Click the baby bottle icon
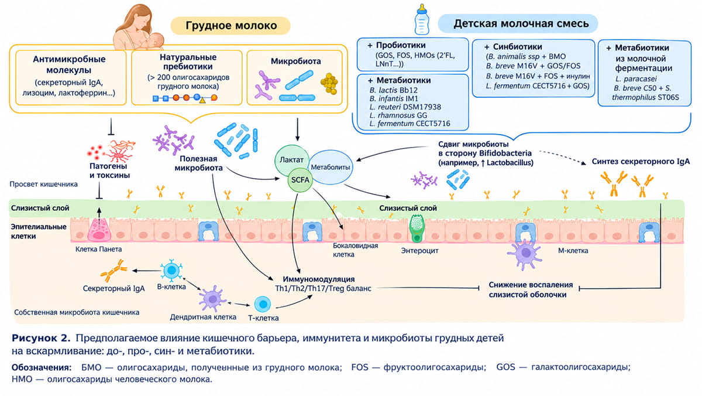pyautogui.click(x=422, y=19)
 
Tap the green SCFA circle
pyautogui.click(x=300, y=180)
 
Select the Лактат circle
pyautogui.click(x=291, y=160)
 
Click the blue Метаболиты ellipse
pyautogui.click(x=331, y=167)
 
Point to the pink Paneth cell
pyautogui.click(x=99, y=230)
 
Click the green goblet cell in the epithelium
pyautogui.click(x=417, y=228)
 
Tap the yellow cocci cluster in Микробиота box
pyautogui.click(x=329, y=83)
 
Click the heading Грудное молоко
pyautogui.click(x=231, y=25)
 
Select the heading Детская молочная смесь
pyautogui.click(x=521, y=23)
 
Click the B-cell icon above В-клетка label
pyautogui.click(x=171, y=270)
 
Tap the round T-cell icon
pyautogui.click(x=263, y=304)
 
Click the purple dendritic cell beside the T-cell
pyautogui.click(x=212, y=298)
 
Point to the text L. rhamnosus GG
pyautogui.click(x=398, y=115)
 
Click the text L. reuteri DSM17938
pyautogui.click(x=405, y=107)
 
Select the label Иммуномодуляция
pyautogui.click(x=319, y=279)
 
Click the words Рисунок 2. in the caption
pyautogui.click(x=41, y=338)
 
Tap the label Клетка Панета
pyautogui.click(x=98, y=249)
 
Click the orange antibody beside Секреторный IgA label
pyautogui.click(x=113, y=271)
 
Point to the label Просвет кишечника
pyautogui.click(x=43, y=184)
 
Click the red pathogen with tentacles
pyautogui.click(x=121, y=151)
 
